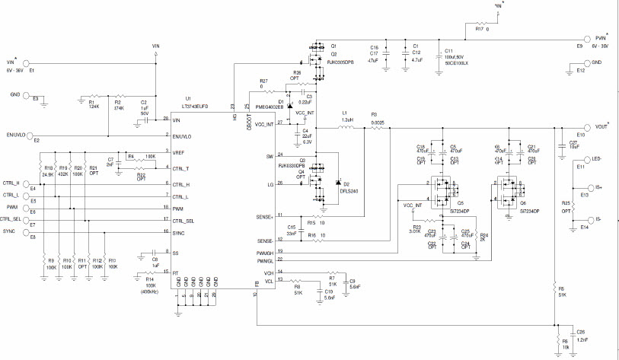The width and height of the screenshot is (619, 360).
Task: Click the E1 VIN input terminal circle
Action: tap(27, 65)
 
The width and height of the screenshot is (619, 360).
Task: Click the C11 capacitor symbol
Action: tap(437, 54)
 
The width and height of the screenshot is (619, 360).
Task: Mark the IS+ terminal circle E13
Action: tap(591, 187)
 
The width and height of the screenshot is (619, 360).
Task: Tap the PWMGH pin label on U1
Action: tap(263, 251)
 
